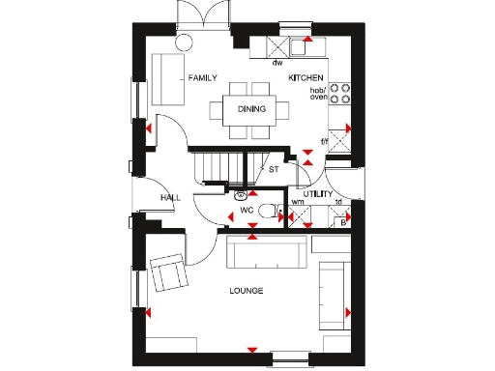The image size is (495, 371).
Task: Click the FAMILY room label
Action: click(203, 78)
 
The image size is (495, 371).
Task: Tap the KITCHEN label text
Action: click(305, 76)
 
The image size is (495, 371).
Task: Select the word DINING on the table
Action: click(251, 108)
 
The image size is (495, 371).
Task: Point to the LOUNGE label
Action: click(247, 291)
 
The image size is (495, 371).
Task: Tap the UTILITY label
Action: click(318, 194)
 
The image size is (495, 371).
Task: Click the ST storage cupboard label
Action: click(274, 170)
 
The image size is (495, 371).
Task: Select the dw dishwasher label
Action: click(277, 62)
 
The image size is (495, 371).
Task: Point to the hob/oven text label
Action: click(318, 94)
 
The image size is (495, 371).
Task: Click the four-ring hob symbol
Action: click(340, 93)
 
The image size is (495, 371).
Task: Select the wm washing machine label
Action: click(298, 202)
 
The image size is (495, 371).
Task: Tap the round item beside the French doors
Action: click(184, 42)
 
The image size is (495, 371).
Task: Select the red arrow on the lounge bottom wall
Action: click(251, 349)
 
